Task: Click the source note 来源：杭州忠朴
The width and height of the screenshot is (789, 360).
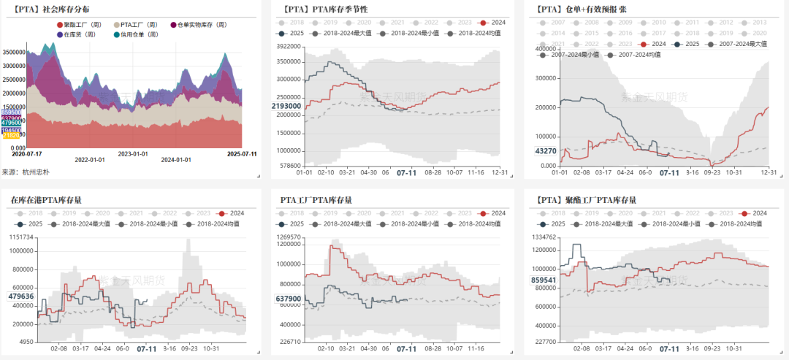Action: click(26, 172)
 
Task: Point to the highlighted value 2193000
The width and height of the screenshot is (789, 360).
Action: click(286, 106)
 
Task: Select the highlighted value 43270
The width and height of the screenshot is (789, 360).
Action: click(545, 151)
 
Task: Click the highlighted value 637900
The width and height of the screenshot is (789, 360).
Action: click(288, 299)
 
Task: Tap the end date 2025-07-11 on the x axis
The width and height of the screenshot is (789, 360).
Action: click(242, 154)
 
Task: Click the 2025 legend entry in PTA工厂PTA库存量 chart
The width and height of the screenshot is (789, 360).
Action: click(291, 224)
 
